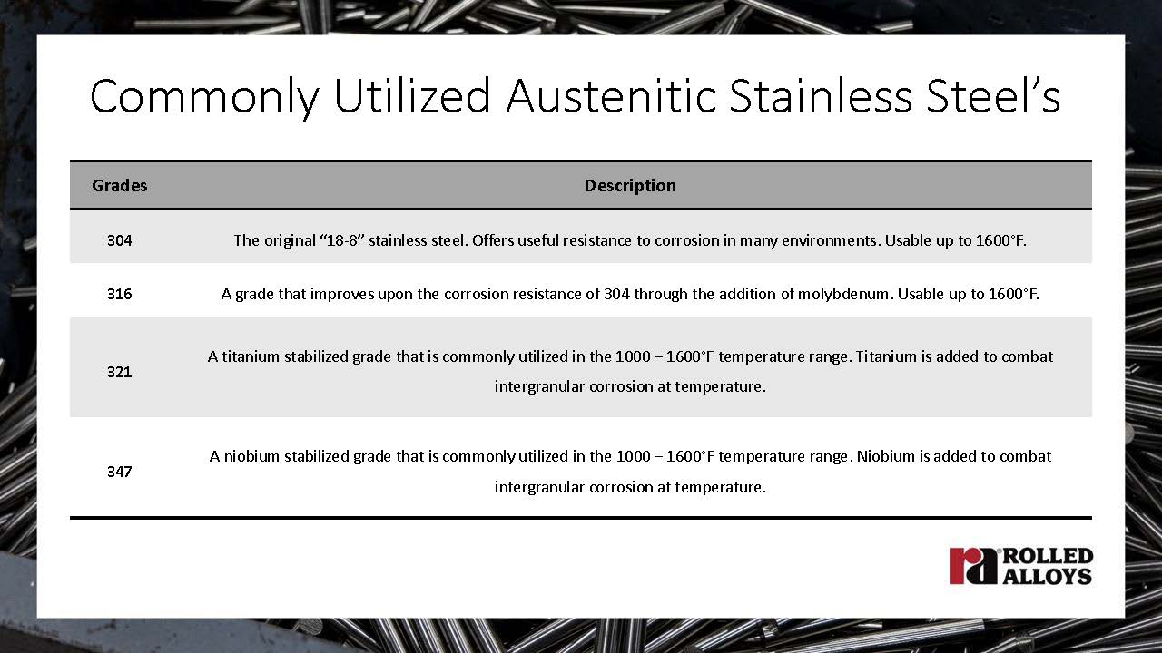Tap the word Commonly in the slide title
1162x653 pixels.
point(205,99)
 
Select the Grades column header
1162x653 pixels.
point(119,186)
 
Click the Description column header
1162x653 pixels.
point(630,186)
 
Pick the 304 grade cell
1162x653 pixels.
point(119,240)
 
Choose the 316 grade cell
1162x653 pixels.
point(119,295)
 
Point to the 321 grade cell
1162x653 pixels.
point(119,372)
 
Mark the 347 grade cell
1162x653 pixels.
point(119,472)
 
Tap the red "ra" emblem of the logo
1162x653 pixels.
point(973,566)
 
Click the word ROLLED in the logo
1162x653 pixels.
point(1048,556)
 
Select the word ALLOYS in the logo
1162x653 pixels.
point(1048,576)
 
